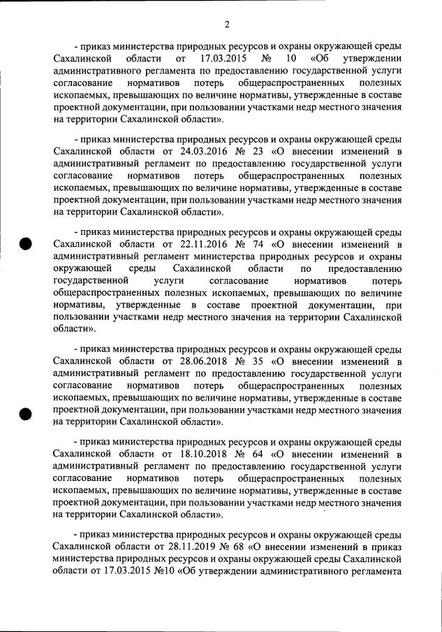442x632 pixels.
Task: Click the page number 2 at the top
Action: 227,25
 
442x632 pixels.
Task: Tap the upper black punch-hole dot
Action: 26,244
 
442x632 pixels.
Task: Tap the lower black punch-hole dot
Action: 26,413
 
